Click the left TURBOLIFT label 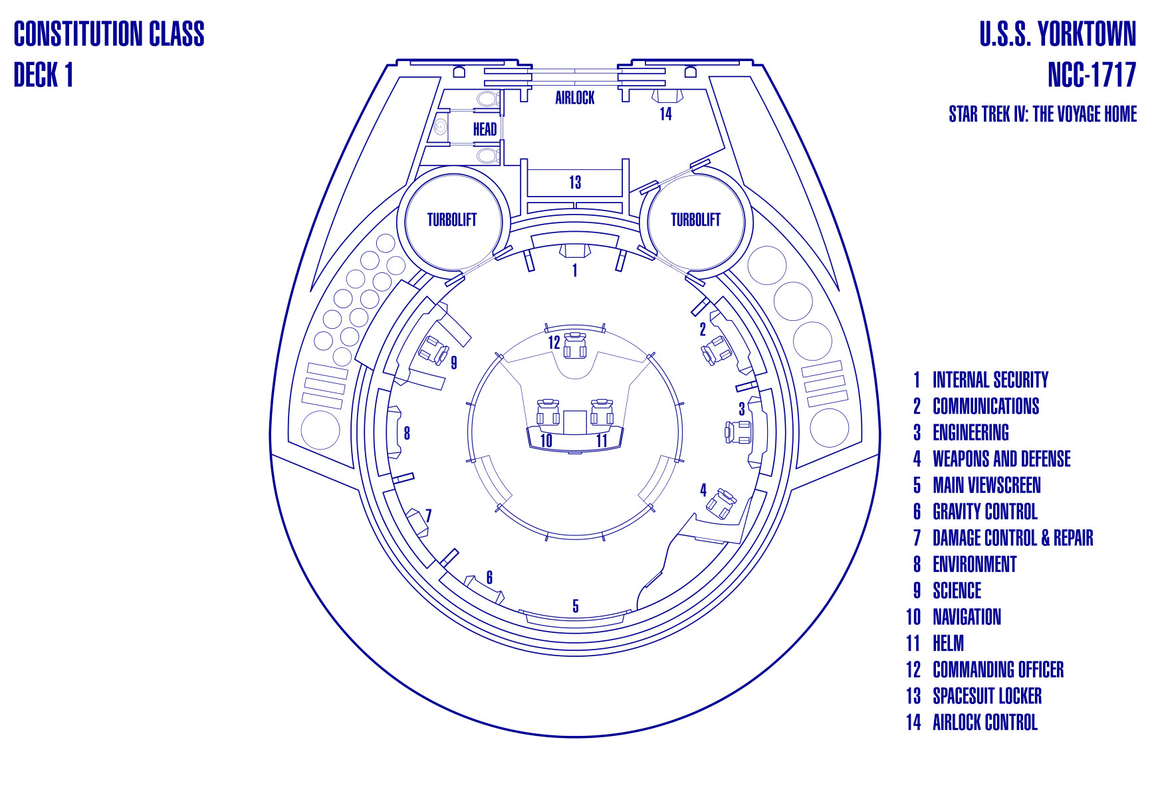[452, 220]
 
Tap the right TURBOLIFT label [695, 220]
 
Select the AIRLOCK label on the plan [575, 98]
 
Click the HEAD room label [485, 129]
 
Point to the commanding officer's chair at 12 [575, 345]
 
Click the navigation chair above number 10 [548, 412]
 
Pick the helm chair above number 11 [602, 412]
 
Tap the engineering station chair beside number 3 [738, 432]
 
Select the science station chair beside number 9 [434, 350]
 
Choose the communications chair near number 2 [717, 350]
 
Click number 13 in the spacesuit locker [575, 182]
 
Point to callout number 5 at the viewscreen [576, 606]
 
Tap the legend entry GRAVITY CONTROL [984, 511]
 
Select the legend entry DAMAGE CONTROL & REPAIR [1012, 538]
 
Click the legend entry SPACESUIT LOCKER [987, 696]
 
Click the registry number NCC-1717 [1092, 74]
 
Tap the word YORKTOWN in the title [1087, 34]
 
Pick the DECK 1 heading [43, 74]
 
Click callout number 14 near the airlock [665, 114]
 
